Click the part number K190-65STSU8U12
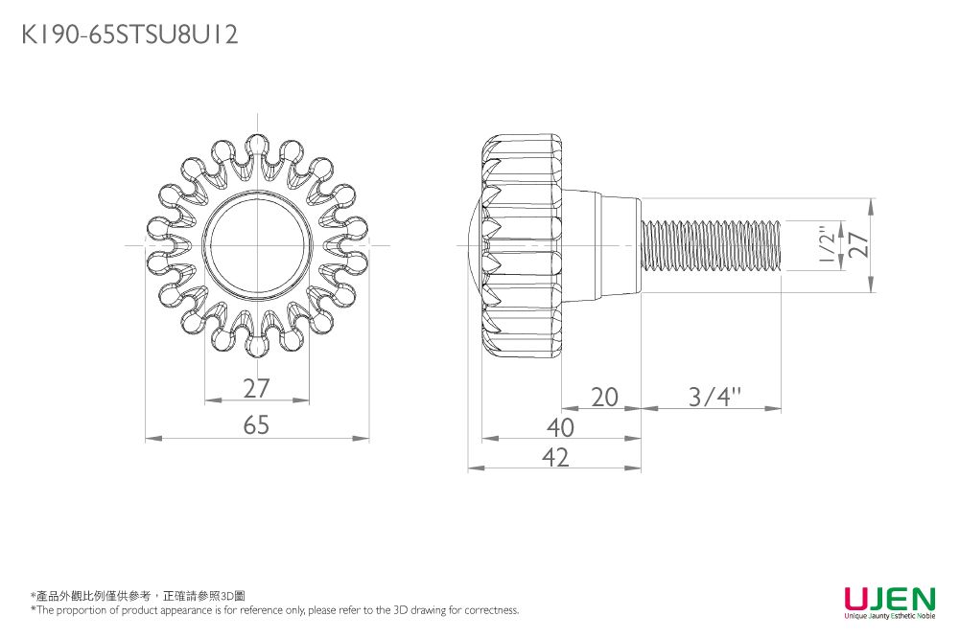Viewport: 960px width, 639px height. coord(129,34)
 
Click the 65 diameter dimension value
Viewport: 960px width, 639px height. coord(256,424)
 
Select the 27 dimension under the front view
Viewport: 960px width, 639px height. coord(256,388)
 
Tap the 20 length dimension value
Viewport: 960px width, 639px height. coord(604,397)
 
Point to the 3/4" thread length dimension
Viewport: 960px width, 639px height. coord(714,397)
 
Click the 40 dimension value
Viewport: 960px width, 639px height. coord(560,427)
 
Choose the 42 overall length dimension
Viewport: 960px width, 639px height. coord(555,457)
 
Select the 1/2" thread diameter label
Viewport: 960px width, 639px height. coord(827,245)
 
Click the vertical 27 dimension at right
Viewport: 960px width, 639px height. coord(859,244)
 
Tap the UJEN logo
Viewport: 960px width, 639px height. coord(890,598)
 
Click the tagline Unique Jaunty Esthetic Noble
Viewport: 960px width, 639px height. coord(890,616)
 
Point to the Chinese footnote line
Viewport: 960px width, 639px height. coord(138,596)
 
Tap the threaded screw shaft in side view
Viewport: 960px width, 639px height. coord(711,245)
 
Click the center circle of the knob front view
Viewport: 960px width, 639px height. coord(256,245)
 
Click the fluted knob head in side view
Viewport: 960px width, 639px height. coord(523,245)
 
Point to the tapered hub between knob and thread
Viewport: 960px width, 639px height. coord(602,245)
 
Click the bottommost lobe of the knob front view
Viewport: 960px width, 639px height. coord(256,341)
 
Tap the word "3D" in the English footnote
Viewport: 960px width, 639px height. coord(401,609)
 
